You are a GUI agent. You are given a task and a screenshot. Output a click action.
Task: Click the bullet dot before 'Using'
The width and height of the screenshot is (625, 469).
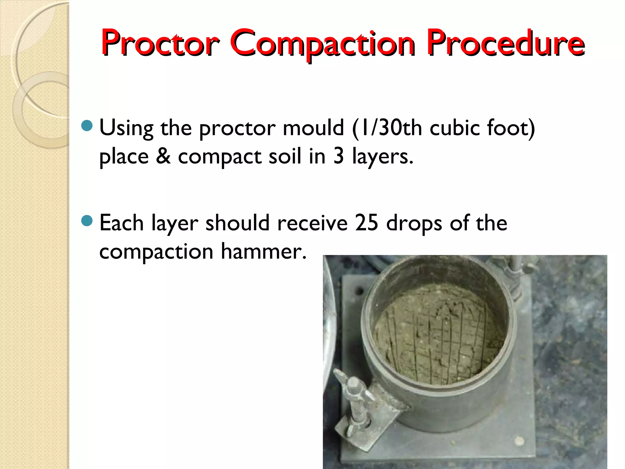87,126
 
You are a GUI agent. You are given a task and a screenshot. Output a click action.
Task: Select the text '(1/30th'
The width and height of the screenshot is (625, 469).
387,128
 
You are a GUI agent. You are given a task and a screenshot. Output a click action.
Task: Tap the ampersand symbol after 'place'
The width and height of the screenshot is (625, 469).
163,156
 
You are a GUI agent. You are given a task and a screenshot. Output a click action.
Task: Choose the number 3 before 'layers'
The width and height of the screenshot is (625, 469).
339,156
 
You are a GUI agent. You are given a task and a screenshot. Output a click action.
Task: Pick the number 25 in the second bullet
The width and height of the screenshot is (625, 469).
367,223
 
